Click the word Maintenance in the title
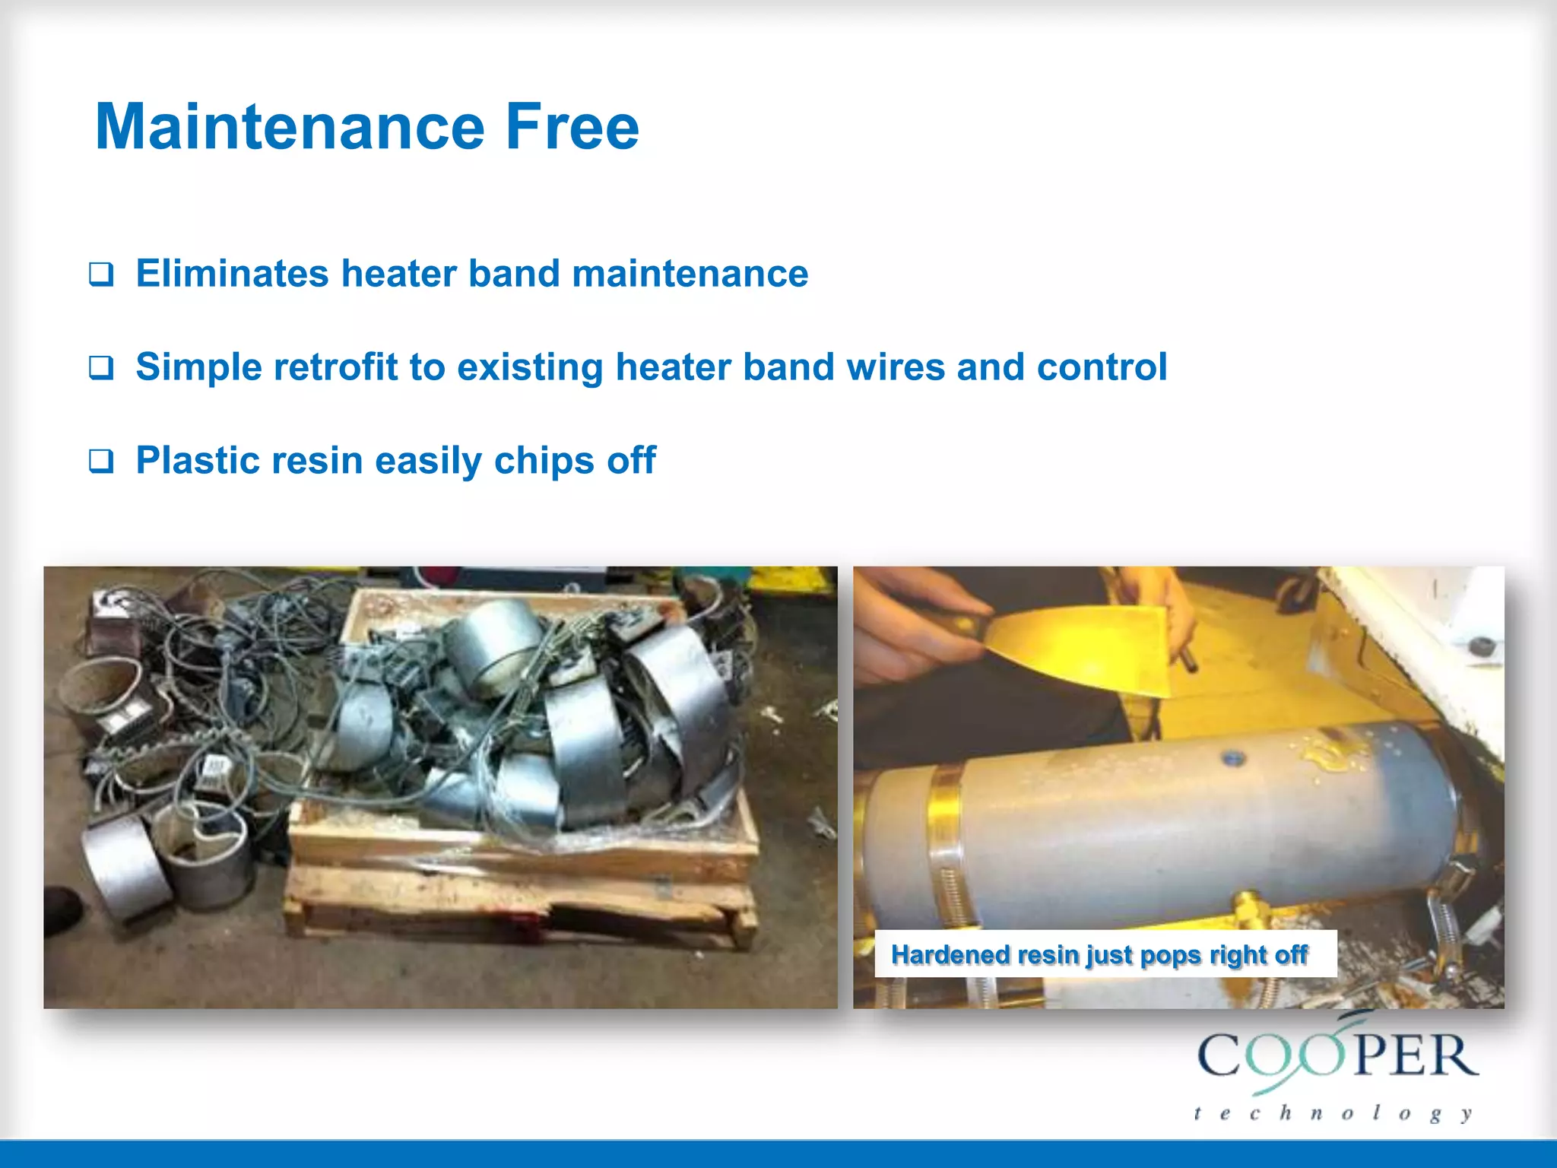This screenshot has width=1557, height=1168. pyautogui.click(x=290, y=126)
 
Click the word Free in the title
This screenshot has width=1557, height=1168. pyautogui.click(x=572, y=126)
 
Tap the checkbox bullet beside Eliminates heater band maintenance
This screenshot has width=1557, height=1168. pyautogui.click(x=101, y=274)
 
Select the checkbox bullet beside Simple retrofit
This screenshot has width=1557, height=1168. pyautogui.click(x=101, y=367)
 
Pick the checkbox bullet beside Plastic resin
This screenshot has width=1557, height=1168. pyautogui.click(x=101, y=461)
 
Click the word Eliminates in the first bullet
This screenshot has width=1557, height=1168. pyautogui.click(x=232, y=274)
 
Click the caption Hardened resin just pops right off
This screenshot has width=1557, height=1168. pyautogui.click(x=1099, y=954)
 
